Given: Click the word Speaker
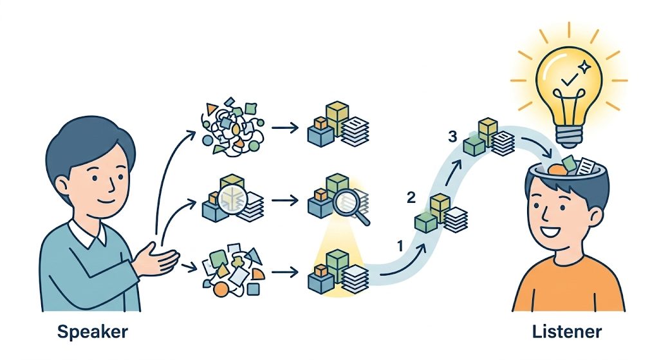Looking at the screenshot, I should point(92,332).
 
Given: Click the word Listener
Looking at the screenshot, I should point(567,332).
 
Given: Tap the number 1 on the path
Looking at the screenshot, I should point(400,245).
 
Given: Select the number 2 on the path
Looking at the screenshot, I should point(412,197).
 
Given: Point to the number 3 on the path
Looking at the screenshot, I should point(453,136).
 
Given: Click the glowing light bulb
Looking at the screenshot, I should point(568,77).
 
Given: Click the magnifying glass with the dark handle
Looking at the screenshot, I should point(351,204).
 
